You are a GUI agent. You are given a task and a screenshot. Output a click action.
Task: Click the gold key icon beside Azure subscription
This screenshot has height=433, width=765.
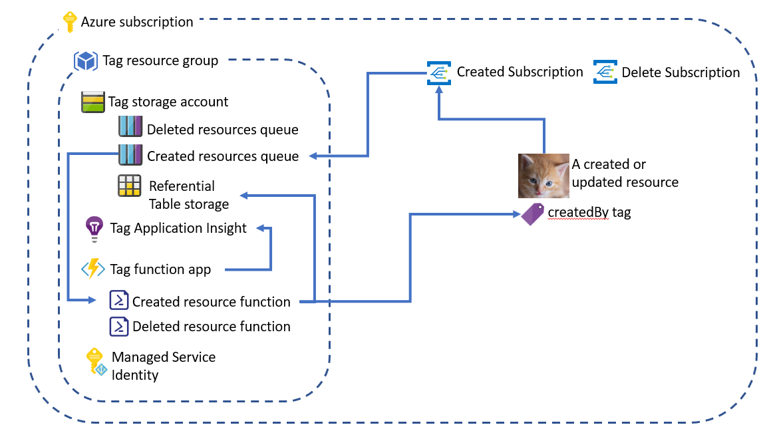[x=69, y=22]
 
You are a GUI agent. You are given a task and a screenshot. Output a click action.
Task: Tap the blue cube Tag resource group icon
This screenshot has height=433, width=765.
[x=86, y=61]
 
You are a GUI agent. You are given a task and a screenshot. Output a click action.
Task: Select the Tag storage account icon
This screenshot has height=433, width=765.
[x=92, y=102]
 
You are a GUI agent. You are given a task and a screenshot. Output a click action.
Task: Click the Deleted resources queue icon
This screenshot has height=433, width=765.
[x=130, y=128]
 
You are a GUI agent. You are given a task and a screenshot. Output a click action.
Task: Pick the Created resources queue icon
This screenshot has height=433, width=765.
[x=130, y=155]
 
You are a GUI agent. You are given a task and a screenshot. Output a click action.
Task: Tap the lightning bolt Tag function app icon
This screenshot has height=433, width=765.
[x=93, y=269]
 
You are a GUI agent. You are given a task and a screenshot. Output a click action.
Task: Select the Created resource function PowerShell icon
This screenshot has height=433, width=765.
[x=118, y=301]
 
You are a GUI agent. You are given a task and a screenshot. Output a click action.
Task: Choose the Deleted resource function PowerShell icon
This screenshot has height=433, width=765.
[x=118, y=326]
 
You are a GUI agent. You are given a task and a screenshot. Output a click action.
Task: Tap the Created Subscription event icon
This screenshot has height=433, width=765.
[x=438, y=72]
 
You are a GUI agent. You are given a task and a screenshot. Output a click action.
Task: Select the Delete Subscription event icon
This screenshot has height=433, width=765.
[x=605, y=72]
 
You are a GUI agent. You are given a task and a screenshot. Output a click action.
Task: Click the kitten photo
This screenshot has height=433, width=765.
[x=543, y=176]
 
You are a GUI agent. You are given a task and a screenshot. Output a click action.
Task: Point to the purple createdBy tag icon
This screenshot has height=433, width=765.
[x=533, y=214]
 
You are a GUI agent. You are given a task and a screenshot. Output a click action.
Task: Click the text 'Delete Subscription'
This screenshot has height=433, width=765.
[x=681, y=72]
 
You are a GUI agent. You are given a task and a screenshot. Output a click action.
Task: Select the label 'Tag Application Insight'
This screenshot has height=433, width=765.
[x=178, y=228]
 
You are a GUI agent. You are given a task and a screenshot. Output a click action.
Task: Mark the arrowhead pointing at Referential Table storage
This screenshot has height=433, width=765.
[x=243, y=195]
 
